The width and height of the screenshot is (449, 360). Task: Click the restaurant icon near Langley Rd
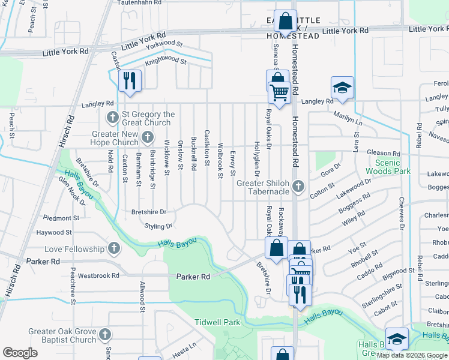tap(130, 81)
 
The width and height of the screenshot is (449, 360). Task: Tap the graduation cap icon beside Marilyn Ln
tap(342, 88)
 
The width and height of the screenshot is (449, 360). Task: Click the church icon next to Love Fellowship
tap(114, 248)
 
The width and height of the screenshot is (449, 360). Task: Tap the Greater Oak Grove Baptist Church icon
tap(105, 334)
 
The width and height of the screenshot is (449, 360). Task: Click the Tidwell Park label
tap(217, 322)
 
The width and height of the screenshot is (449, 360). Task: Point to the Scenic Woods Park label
tap(393, 167)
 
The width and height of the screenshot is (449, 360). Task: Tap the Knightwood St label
tap(166, 59)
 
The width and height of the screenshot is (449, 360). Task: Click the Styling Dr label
tap(158, 226)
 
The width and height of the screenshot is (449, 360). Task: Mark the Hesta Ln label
tap(185, 346)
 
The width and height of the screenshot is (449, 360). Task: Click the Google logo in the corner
tap(20, 352)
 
